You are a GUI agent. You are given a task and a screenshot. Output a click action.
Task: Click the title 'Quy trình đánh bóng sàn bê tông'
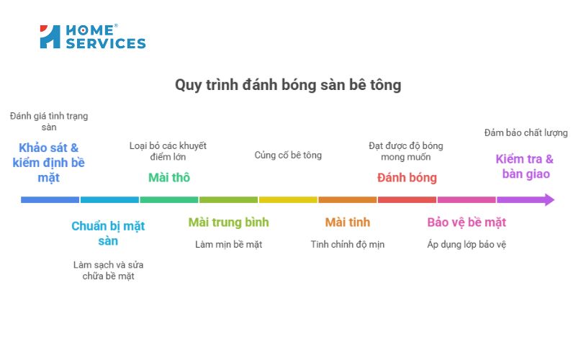pyautogui.click(x=288, y=85)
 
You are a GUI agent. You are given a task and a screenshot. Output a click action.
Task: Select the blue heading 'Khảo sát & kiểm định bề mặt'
pyautogui.click(x=49, y=162)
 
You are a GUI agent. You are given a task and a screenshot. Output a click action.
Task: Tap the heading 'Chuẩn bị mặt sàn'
pyautogui.click(x=108, y=233)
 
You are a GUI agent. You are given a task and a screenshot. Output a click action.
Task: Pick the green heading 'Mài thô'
pyautogui.click(x=169, y=177)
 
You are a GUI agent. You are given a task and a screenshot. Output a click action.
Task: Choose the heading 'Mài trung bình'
pyautogui.click(x=228, y=222)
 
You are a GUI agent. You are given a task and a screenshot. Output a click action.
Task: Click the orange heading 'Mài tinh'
pyautogui.click(x=348, y=222)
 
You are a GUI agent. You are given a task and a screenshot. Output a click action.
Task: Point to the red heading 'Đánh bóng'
pyautogui.click(x=407, y=177)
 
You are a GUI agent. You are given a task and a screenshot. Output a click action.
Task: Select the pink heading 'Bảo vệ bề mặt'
pyautogui.click(x=467, y=222)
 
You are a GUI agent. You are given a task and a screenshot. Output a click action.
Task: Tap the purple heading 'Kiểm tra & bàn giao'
pyautogui.click(x=525, y=166)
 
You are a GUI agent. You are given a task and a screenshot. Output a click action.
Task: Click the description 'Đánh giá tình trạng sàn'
pyautogui.click(x=49, y=121)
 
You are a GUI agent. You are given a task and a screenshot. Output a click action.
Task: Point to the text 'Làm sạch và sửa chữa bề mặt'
pyautogui.click(x=108, y=270)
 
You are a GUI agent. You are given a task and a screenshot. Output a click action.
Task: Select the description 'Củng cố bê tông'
pyautogui.click(x=288, y=155)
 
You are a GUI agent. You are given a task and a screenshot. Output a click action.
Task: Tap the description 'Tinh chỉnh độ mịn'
pyautogui.click(x=348, y=244)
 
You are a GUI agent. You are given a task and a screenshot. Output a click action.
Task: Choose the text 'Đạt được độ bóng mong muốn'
pyautogui.click(x=407, y=150)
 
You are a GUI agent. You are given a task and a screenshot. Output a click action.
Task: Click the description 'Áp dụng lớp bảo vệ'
pyautogui.click(x=467, y=244)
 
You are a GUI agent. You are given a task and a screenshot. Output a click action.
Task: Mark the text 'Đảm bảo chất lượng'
pyautogui.click(x=526, y=132)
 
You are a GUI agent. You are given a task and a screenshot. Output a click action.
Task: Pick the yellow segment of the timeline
pyautogui.click(x=288, y=199)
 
